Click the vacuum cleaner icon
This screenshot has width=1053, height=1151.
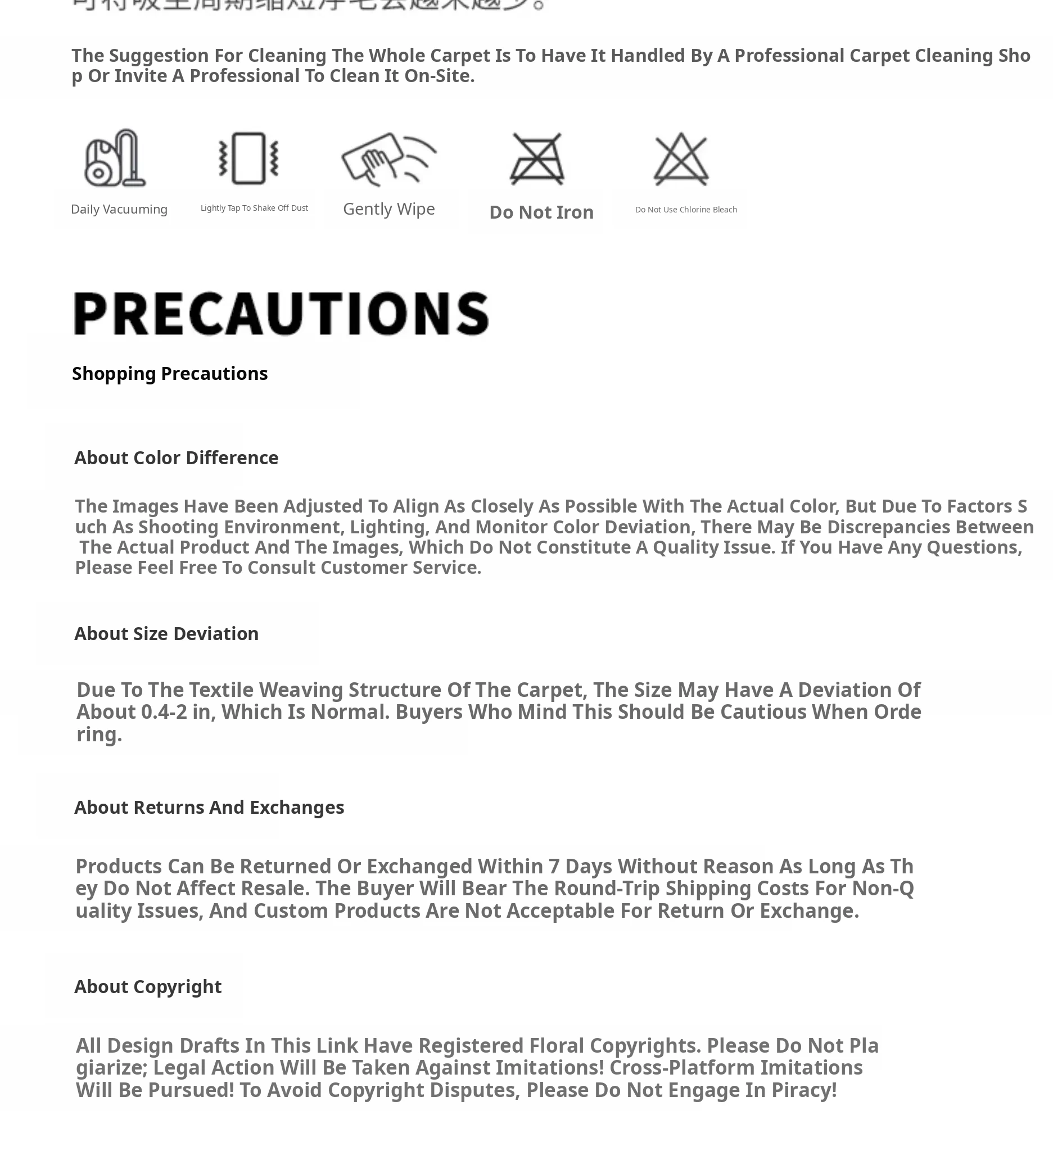(115, 158)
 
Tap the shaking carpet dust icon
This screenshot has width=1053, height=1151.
(248, 158)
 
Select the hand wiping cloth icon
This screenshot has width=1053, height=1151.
(388, 158)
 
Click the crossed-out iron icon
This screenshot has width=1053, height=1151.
(537, 158)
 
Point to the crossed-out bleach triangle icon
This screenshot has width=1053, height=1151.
(681, 158)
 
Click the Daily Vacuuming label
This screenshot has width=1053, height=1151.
(119, 210)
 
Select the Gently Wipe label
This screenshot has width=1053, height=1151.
(389, 209)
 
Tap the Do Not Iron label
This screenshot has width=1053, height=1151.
(541, 212)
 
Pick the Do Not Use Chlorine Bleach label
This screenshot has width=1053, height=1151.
(686, 210)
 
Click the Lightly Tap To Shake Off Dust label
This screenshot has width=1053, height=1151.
(254, 208)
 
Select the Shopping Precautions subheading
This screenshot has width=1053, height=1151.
(170, 373)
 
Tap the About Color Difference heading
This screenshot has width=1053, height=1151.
(176, 458)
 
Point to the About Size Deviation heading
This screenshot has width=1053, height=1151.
(166, 634)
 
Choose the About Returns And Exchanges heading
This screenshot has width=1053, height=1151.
(209, 807)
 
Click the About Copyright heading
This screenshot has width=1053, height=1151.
(148, 986)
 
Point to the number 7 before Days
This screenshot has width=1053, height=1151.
(553, 867)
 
